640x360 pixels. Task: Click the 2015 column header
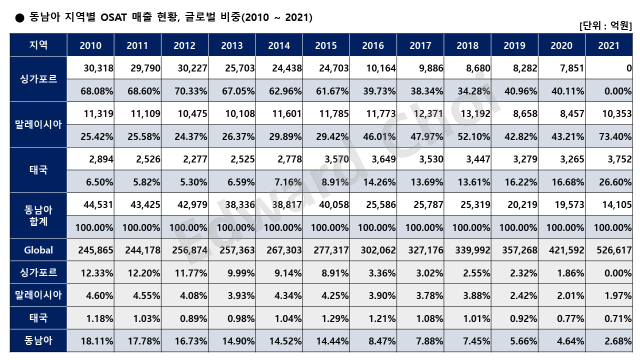point(326,45)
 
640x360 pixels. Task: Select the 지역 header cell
point(38,45)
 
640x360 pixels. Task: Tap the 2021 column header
point(608,45)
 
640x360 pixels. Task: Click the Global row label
point(38,250)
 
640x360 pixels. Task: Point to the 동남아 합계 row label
point(38,215)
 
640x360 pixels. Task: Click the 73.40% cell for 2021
point(615,136)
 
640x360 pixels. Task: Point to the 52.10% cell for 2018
point(473,136)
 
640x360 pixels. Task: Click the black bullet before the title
point(19,18)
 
